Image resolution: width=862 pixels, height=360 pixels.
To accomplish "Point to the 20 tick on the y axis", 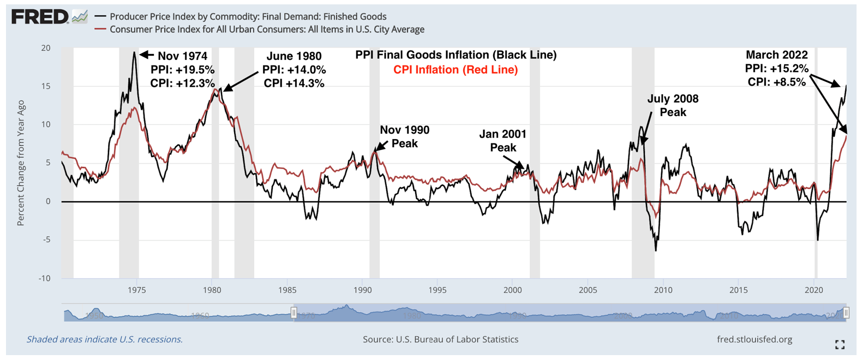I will (x=46, y=48).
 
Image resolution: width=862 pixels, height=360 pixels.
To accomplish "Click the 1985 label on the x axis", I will (x=287, y=290).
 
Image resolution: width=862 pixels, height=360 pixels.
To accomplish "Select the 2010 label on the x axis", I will (x=663, y=290).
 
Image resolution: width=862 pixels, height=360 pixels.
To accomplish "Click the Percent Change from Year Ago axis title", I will (x=21, y=163).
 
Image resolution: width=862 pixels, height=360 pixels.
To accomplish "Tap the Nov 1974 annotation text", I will (x=182, y=56).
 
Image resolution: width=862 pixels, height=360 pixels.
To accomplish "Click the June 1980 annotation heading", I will (x=294, y=56).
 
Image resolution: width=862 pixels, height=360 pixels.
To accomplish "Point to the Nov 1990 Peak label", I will (x=404, y=137).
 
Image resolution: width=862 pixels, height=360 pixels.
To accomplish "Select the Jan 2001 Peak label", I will (x=503, y=141).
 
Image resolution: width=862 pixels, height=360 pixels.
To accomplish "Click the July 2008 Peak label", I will (x=673, y=106).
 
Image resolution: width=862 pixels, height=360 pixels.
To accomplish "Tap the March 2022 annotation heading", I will (x=776, y=55).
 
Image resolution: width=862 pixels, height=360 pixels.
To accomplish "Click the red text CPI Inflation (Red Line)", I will (x=456, y=70).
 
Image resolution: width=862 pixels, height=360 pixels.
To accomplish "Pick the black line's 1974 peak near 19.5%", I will (x=134, y=53).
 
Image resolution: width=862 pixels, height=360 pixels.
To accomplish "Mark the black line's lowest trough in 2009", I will (x=656, y=250).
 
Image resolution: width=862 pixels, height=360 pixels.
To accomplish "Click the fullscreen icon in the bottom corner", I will (x=840, y=344).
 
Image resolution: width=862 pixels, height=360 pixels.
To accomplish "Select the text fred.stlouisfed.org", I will (x=755, y=339).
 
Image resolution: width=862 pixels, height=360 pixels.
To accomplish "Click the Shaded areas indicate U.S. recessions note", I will (x=105, y=339).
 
